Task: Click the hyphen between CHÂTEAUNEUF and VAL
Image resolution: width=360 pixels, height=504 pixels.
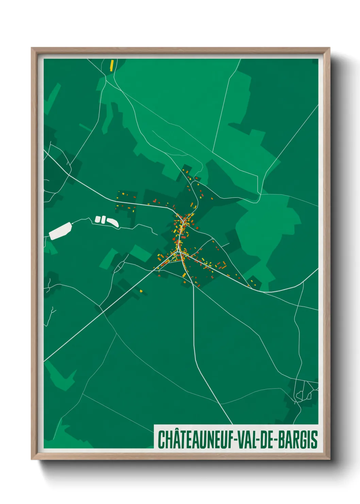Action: (235, 440)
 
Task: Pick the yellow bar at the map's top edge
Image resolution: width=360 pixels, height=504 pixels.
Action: (112, 65)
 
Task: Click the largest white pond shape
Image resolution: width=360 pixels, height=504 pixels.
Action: (60, 231)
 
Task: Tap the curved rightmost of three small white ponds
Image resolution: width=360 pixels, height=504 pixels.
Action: (113, 222)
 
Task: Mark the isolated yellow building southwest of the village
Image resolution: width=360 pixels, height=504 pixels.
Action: (141, 291)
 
